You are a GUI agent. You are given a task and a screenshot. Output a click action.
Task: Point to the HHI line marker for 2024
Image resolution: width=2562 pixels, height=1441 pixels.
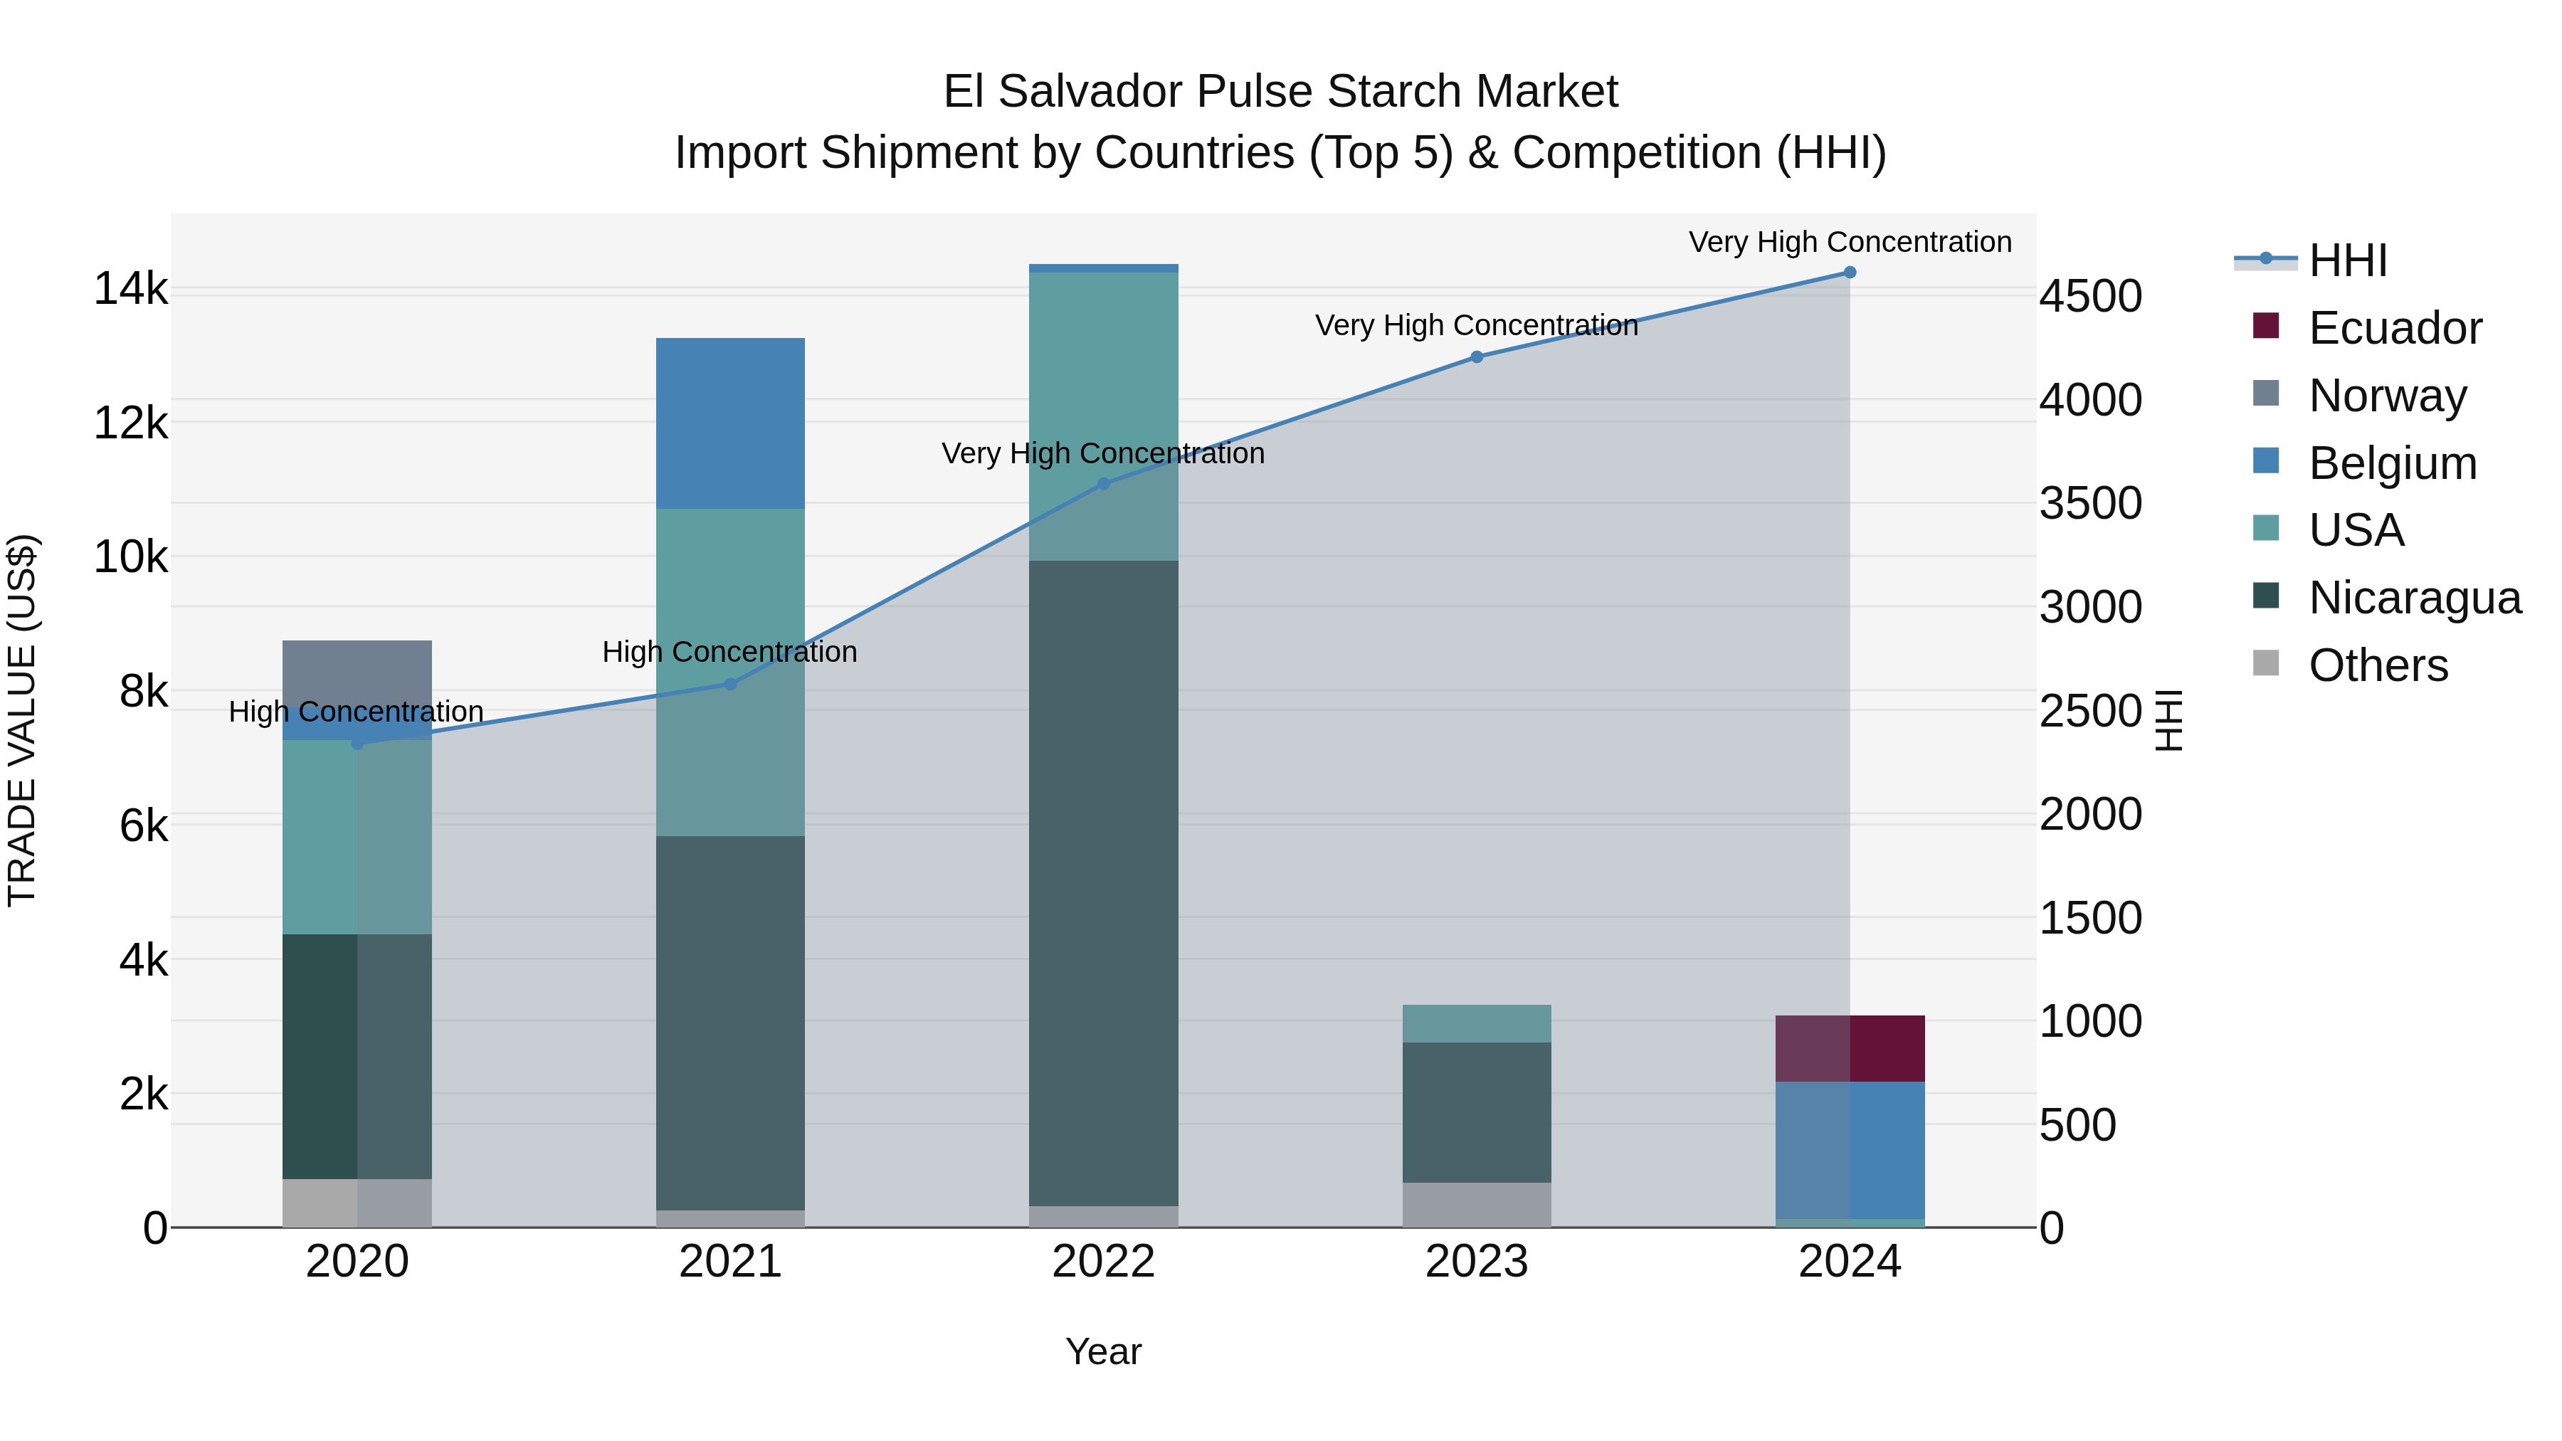[1850, 273]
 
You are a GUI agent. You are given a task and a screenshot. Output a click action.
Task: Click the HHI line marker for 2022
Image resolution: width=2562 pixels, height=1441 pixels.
[1103, 485]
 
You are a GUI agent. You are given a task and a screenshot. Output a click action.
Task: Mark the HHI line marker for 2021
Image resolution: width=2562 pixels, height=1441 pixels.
[730, 684]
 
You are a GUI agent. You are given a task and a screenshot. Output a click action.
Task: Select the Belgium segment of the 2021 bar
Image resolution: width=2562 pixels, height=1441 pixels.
[730, 423]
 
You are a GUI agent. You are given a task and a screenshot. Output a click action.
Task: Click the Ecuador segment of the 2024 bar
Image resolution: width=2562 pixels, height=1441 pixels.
[1850, 1048]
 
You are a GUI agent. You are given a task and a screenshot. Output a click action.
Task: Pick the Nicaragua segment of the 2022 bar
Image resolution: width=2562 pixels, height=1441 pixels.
[1103, 883]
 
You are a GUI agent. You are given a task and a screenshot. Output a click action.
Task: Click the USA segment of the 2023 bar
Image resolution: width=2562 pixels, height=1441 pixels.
[1476, 1023]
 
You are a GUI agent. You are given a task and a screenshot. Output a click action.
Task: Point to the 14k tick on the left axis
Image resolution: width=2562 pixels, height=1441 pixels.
[130, 290]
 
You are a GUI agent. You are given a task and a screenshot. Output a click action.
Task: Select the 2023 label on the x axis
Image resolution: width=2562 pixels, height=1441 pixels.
[1476, 1262]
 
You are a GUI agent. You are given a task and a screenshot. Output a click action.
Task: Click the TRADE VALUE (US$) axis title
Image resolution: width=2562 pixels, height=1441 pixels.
[22, 720]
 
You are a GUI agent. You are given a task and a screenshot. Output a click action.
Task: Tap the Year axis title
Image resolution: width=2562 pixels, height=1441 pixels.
[1103, 1353]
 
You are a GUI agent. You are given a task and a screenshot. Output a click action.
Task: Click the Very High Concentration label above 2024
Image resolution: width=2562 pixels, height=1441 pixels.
[1850, 242]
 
